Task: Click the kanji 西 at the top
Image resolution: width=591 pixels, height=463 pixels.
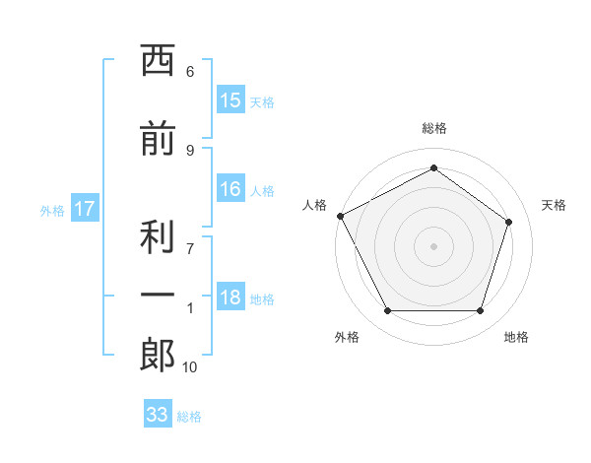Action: (x=158, y=60)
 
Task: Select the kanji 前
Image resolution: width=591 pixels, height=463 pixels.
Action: (x=158, y=138)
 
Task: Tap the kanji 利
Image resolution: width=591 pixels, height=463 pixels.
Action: (x=158, y=236)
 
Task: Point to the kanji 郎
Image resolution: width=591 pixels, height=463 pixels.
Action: (x=158, y=355)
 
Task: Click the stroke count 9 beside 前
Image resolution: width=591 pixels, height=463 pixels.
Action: (x=190, y=151)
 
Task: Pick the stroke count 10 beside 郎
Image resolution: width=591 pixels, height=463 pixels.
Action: (x=189, y=367)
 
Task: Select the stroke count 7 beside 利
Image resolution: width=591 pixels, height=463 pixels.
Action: (x=190, y=249)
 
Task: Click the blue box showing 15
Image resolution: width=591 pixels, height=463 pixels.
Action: (x=230, y=99)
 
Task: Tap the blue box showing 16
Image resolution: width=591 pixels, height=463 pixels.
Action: (x=230, y=188)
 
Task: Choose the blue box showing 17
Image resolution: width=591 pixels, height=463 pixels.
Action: (x=85, y=208)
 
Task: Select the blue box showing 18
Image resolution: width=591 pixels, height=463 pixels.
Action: (x=230, y=296)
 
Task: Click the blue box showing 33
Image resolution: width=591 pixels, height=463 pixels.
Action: (x=158, y=413)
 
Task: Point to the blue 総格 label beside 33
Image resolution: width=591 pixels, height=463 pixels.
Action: (x=189, y=417)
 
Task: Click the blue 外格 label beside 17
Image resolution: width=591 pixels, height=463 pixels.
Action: (x=52, y=211)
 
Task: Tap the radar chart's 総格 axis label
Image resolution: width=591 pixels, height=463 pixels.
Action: (x=434, y=128)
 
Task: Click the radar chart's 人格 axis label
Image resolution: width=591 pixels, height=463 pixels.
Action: (x=314, y=205)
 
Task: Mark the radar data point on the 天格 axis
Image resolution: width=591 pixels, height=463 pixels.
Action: (x=508, y=222)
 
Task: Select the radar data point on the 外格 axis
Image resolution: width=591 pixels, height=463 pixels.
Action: (x=388, y=310)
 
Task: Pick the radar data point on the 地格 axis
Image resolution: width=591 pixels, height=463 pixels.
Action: (x=480, y=310)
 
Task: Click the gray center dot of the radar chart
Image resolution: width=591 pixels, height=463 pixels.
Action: (x=433, y=246)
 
